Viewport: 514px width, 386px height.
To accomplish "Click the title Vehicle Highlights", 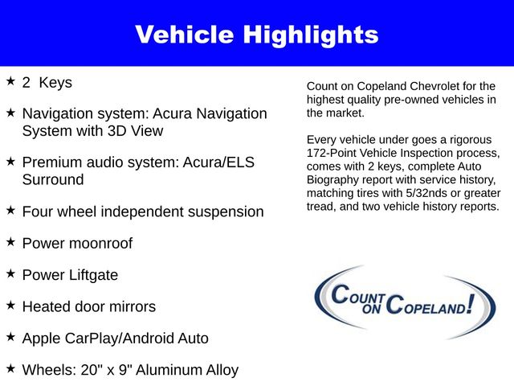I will click(256, 35).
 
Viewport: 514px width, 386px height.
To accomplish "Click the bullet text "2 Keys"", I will click(47, 82).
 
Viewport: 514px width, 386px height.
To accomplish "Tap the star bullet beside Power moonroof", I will click(10, 241).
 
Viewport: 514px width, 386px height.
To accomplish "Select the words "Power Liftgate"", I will click(70, 275).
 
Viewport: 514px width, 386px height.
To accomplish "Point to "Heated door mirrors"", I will click(88, 306).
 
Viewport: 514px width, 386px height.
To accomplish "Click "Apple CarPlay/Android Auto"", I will click(115, 339).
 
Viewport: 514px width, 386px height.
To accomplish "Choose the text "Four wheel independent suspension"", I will click(142, 211).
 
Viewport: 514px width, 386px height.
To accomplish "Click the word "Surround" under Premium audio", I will click(52, 179).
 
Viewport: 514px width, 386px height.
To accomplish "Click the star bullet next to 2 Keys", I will click(10, 81).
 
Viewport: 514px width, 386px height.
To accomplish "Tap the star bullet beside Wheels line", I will click(10, 368).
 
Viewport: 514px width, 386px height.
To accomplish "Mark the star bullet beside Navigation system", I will click(10, 113).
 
